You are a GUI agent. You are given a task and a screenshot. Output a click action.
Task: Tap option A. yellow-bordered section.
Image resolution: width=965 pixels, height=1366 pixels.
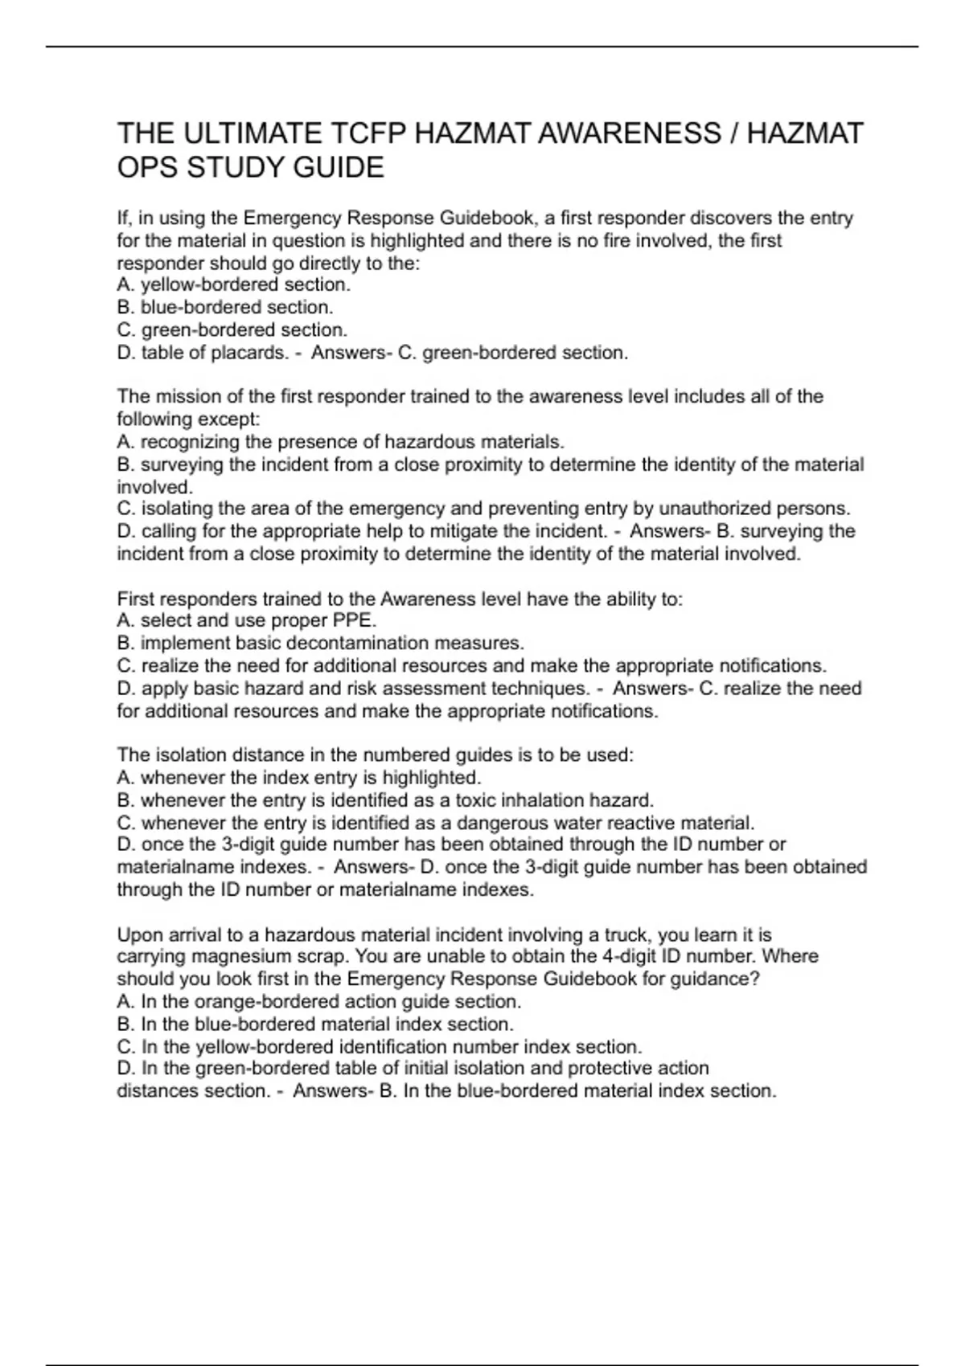[233, 284]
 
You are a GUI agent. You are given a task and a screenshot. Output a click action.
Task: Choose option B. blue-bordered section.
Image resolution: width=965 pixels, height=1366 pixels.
[224, 307]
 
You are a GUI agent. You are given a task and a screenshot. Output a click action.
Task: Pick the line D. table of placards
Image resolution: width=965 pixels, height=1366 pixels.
[202, 353]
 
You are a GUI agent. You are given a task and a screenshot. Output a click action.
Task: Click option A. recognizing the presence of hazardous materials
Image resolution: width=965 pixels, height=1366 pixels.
[340, 442]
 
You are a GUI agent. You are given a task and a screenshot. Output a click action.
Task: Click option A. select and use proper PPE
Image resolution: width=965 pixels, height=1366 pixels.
[246, 620]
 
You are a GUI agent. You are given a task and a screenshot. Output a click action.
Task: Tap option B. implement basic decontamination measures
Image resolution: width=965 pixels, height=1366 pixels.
[320, 643]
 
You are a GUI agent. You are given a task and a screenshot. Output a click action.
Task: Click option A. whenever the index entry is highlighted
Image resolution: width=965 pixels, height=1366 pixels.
[298, 778]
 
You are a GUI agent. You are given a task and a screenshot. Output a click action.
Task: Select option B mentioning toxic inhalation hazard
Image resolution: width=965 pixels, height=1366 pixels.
[385, 800]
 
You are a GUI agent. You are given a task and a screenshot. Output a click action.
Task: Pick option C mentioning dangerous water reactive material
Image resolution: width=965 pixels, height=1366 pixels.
[435, 823]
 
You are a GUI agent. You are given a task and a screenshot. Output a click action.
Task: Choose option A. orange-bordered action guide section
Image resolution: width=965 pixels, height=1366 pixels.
[318, 1002]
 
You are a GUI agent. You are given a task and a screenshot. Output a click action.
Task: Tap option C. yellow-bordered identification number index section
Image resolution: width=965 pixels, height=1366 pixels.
[379, 1047]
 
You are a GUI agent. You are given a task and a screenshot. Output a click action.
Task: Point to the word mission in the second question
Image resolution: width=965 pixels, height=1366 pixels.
[183, 397]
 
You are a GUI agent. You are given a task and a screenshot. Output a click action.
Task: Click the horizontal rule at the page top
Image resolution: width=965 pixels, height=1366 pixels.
[482, 47]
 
